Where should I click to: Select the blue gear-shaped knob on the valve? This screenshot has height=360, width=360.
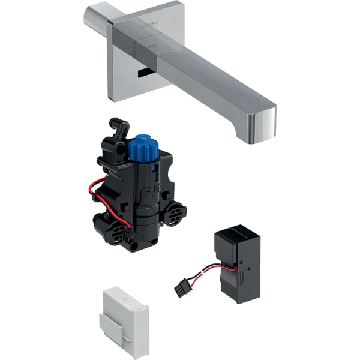point(142,148)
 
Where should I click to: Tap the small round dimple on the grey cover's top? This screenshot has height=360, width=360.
point(124,296)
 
